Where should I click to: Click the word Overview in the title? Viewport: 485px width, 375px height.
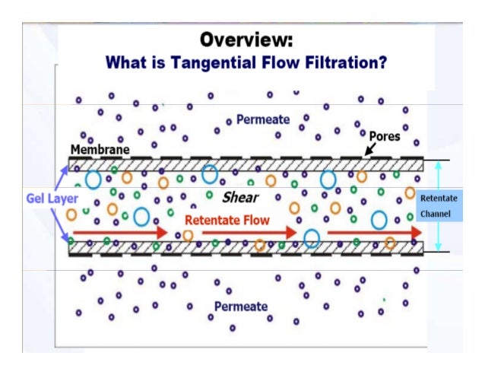point(246,39)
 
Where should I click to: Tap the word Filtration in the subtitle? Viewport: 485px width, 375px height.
point(341,62)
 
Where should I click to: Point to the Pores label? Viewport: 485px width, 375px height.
point(385,136)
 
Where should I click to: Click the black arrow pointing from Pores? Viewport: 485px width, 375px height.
point(369,150)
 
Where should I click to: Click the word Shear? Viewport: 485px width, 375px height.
point(240,198)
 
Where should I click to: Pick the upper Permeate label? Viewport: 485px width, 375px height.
point(262,119)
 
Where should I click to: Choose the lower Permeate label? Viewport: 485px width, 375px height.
point(240,307)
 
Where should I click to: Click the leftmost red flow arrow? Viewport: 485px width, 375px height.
point(119,232)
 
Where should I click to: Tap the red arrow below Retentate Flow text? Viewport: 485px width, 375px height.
point(249,232)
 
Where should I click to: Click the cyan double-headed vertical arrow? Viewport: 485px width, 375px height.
point(437,205)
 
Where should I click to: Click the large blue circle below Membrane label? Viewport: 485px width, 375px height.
point(94,180)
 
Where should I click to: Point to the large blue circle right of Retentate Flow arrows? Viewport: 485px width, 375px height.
point(311,238)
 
